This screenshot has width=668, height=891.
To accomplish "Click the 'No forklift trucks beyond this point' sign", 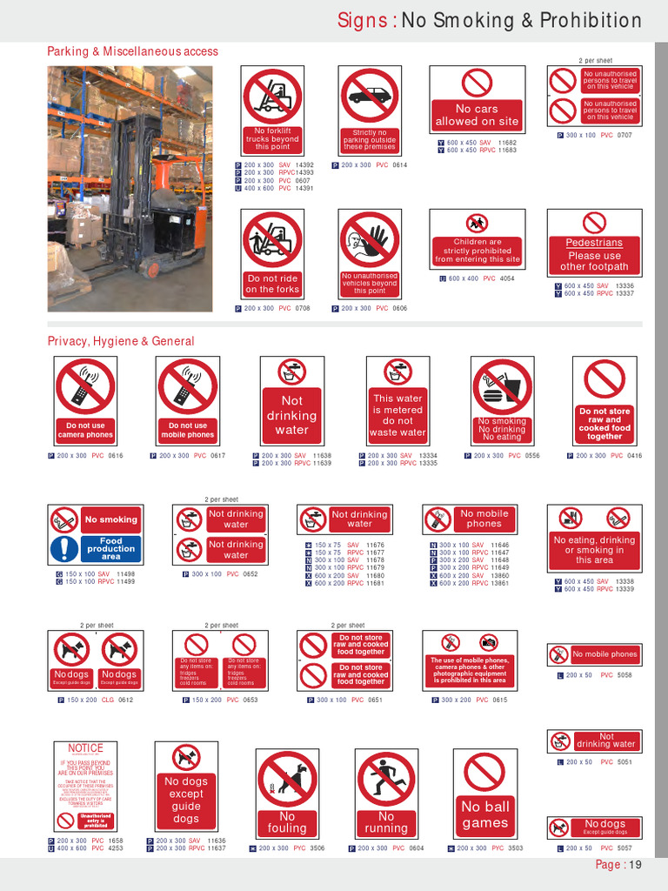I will (x=272, y=111).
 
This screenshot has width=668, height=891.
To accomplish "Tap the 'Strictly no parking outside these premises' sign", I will (x=369, y=111).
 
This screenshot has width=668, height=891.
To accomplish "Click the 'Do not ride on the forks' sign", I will (x=272, y=254).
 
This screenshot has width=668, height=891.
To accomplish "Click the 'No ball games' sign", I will (x=484, y=793).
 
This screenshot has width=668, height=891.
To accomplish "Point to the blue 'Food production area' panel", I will (x=110, y=548).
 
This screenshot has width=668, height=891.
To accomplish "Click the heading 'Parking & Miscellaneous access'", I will (x=132, y=52).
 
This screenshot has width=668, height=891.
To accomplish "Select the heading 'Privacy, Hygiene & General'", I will (x=121, y=341).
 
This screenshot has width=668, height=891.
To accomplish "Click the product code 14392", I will (x=304, y=164).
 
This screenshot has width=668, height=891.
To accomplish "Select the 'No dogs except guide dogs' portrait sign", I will (x=186, y=787).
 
